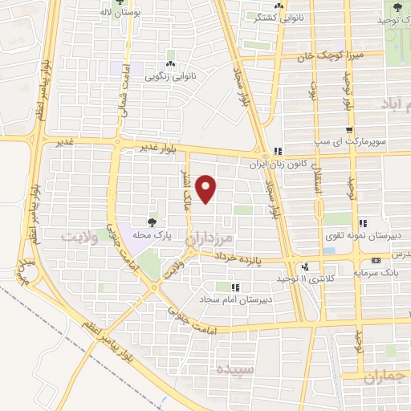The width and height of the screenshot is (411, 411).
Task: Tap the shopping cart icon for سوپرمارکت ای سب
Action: coord(349,131)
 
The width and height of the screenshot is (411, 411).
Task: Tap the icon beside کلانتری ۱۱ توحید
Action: coord(304,267)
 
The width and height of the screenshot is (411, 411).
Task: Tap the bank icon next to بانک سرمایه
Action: coord(376,261)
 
